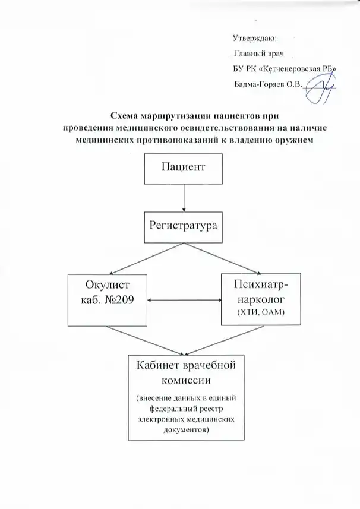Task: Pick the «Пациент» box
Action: pos(184,167)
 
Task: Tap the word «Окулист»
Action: pos(107,286)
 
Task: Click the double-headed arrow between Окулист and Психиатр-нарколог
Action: pos(184,301)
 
